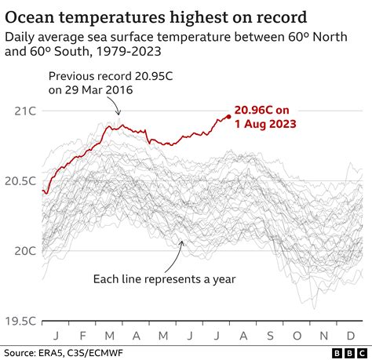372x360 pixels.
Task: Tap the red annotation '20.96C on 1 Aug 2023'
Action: [x=266, y=118]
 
